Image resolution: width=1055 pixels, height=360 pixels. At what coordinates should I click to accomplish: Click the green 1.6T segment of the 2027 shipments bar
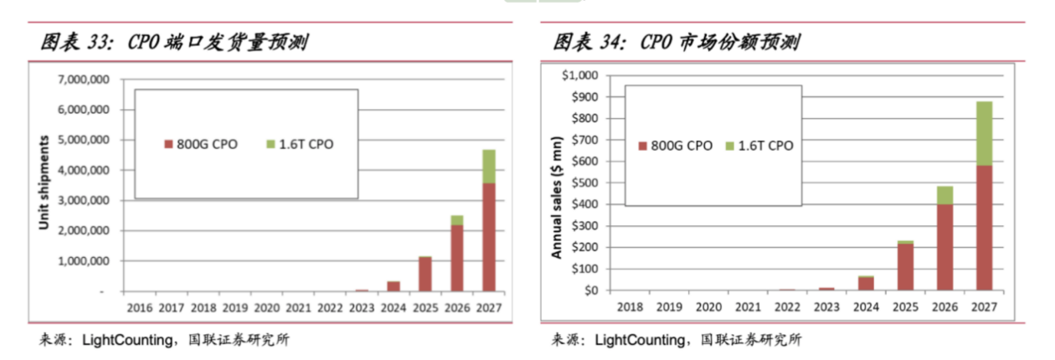click(x=488, y=166)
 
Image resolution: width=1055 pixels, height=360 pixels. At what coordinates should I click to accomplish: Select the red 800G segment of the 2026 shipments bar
click(x=456, y=258)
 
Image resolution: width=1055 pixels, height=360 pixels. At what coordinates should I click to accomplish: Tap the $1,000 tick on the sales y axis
click(x=579, y=75)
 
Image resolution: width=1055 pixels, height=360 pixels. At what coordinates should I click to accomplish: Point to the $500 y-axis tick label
click(x=583, y=183)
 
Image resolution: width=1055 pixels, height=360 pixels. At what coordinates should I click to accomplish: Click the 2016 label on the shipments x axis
click(x=139, y=307)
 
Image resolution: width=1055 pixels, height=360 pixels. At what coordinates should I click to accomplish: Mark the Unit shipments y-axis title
click(x=45, y=183)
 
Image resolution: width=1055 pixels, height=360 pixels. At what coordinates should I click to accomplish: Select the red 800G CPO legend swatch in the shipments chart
click(x=167, y=145)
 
